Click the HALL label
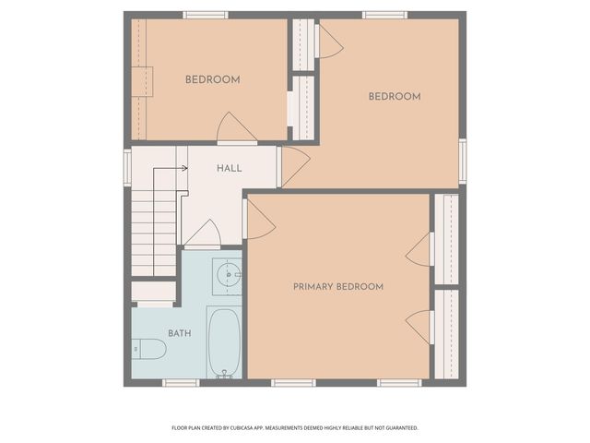[230, 168]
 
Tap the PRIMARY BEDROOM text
[338, 287]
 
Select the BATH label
[180, 333]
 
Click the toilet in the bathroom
[149, 349]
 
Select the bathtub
[224, 342]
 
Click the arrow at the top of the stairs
[183, 168]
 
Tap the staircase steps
[153, 231]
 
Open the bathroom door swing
[203, 234]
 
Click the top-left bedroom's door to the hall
[236, 129]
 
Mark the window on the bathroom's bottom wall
[181, 382]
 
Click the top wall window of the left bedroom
[205, 15]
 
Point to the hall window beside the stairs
[127, 168]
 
